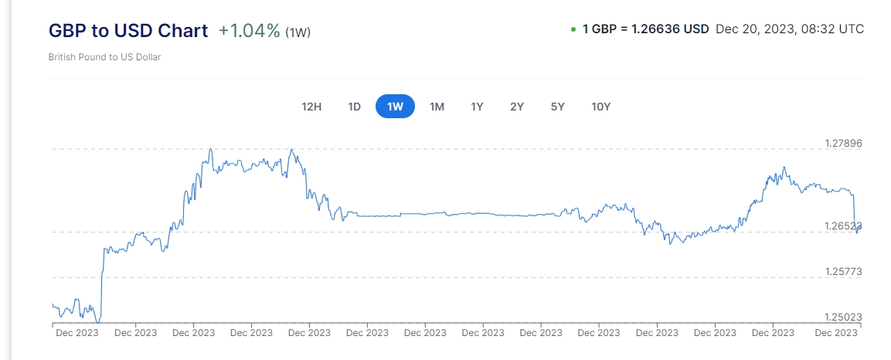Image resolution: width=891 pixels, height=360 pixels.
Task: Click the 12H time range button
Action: pyautogui.click(x=311, y=107)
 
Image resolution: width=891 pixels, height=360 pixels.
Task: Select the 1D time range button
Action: pyautogui.click(x=354, y=107)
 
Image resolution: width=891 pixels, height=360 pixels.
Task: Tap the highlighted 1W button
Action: pyautogui.click(x=395, y=107)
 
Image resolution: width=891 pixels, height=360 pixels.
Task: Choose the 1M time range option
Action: pyautogui.click(x=437, y=107)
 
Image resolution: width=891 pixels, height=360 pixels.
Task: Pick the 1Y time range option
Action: pyautogui.click(x=477, y=107)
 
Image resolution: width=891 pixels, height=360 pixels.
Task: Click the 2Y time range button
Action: pyautogui.click(x=517, y=107)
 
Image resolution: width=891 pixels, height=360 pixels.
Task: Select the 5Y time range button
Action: pyautogui.click(x=558, y=107)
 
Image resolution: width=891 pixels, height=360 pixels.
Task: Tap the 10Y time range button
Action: pyautogui.click(x=600, y=107)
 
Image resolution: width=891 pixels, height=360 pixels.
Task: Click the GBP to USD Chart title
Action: pyautogui.click(x=128, y=31)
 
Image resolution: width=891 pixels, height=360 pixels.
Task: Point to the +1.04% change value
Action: pyautogui.click(x=249, y=31)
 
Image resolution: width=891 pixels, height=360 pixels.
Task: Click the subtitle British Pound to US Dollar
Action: pyautogui.click(x=104, y=57)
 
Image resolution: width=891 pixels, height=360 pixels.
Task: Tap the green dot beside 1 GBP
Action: pyautogui.click(x=573, y=29)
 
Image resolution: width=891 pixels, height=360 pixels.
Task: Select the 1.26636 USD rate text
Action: pyautogui.click(x=670, y=29)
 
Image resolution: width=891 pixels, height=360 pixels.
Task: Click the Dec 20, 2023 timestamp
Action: pyautogui.click(x=790, y=29)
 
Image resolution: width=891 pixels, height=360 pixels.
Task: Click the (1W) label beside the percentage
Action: pyautogui.click(x=298, y=32)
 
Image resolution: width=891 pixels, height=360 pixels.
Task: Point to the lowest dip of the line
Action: pyautogui.click(x=97, y=321)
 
